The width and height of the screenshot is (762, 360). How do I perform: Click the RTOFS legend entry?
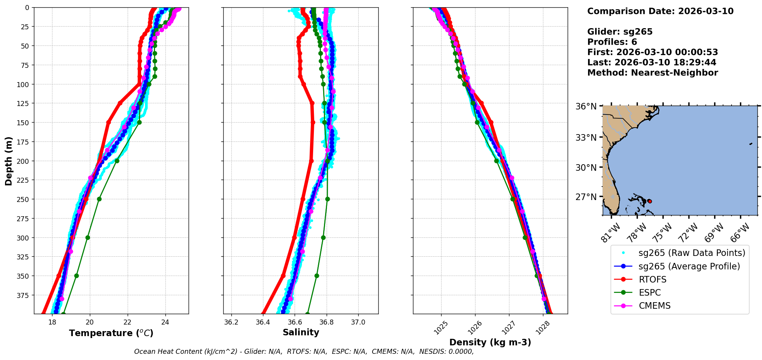652,279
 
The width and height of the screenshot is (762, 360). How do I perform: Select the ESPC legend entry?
650,293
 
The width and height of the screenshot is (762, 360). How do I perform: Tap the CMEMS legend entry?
654,306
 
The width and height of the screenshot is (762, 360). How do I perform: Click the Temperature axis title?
111,333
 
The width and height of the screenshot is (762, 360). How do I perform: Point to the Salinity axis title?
301,332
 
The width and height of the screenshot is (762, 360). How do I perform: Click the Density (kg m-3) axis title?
490,342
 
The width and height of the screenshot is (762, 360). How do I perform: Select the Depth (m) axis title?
8,161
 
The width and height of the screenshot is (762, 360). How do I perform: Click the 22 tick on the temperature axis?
128,322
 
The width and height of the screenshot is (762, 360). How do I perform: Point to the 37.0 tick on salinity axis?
358,322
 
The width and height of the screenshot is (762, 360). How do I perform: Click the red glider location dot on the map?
649,201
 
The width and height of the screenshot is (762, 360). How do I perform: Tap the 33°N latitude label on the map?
586,138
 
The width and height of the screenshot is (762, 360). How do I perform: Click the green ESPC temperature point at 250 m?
99,199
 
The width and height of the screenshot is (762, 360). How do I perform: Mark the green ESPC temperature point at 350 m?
76,276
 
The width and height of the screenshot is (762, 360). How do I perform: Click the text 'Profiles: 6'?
612,42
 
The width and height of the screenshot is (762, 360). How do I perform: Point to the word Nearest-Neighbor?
674,73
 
